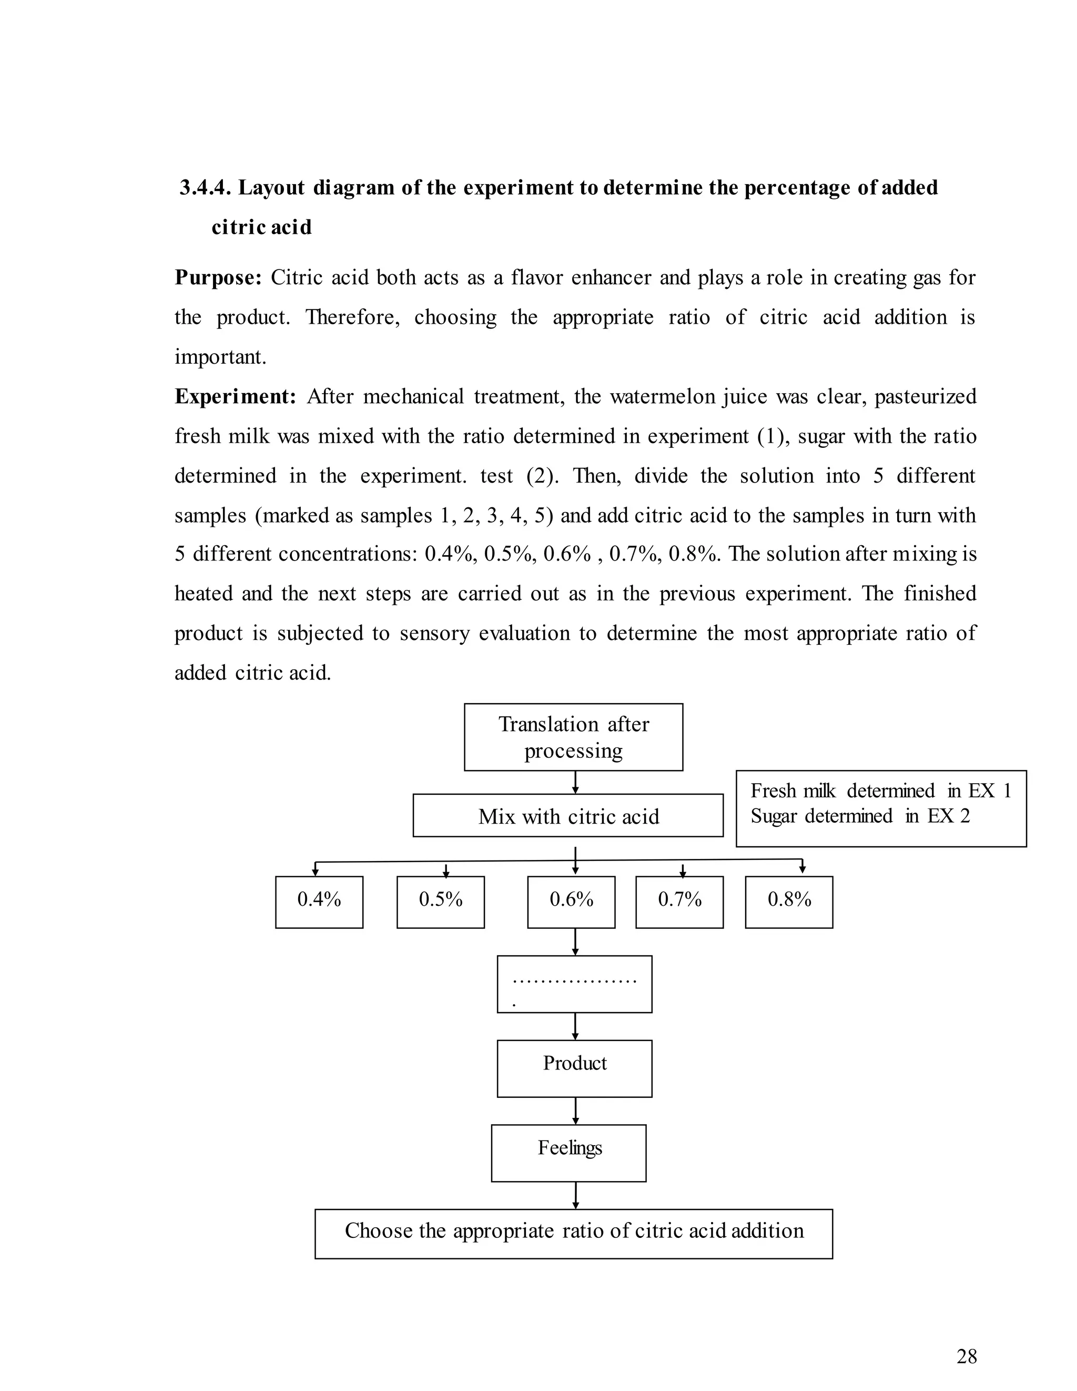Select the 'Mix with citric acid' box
tap(568, 816)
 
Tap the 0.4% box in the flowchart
tap(319, 902)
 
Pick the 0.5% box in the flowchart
tap(441, 902)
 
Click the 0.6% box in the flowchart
tap(571, 902)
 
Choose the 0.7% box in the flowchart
tap(679, 902)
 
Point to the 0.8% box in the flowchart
tap(789, 902)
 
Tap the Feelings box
tap(568, 1153)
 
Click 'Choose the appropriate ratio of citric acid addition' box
tap(574, 1234)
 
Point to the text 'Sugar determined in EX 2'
tap(859, 816)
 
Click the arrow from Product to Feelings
tap(575, 1111)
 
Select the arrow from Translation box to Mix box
tap(575, 782)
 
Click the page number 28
tap(966, 1357)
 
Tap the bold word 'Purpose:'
tap(218, 278)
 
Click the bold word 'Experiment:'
tap(236, 397)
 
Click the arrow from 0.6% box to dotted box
tap(575, 942)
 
